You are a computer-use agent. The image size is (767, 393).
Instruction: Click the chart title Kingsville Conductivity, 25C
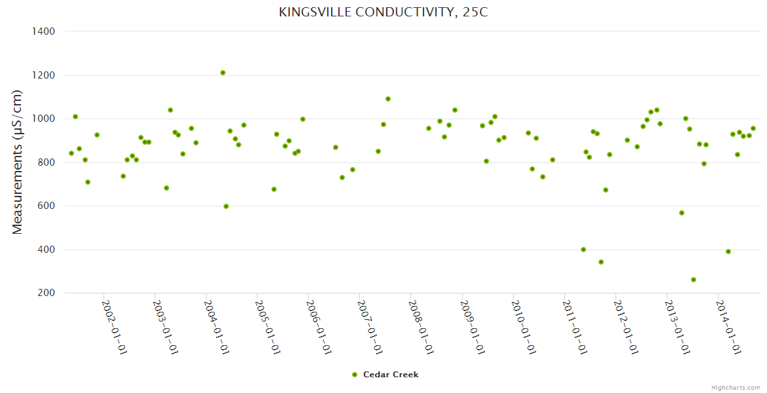point(383,12)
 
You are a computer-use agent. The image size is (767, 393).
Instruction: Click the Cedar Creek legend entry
point(390,375)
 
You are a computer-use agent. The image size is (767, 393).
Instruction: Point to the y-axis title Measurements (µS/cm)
point(18,162)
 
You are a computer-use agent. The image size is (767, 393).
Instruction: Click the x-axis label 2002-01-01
point(115,327)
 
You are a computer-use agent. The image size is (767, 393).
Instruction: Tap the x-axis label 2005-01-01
point(268,327)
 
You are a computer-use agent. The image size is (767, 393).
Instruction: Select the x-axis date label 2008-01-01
point(422,327)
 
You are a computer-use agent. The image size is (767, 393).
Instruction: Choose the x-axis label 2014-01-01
point(729,327)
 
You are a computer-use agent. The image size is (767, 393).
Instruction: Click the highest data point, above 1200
point(223,73)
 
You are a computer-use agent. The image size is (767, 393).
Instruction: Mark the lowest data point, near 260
point(694,280)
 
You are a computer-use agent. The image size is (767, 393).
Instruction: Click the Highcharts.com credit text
point(736,387)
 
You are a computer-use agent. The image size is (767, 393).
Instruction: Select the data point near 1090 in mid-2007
point(388,99)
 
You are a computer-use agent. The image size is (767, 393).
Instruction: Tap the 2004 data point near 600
point(226,206)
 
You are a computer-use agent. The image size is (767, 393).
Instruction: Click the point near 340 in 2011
point(601,262)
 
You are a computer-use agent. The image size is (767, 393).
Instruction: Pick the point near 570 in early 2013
point(682,213)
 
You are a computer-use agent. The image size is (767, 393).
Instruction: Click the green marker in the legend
point(355,375)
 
